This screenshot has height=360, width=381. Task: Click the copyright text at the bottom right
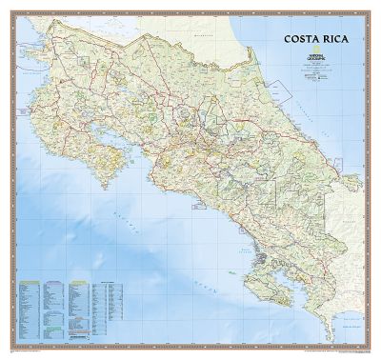tap(343, 350)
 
